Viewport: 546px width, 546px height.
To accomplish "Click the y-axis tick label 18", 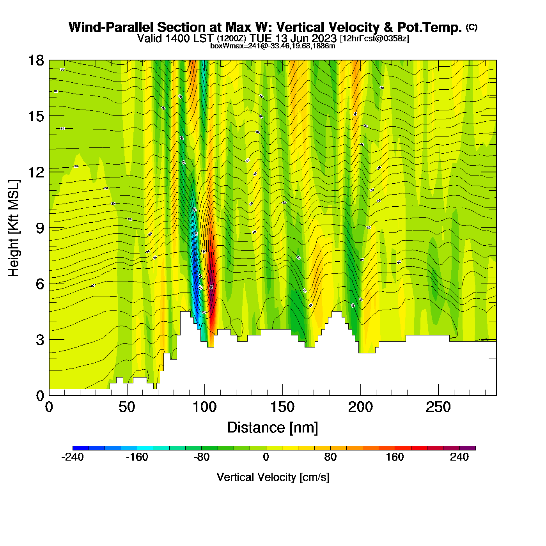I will (35, 60).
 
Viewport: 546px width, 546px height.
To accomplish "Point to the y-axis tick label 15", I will (35, 116).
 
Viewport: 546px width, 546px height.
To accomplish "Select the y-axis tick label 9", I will (40, 228).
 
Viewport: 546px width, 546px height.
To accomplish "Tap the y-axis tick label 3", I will (40, 340).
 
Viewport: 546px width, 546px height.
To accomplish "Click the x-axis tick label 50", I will (127, 408).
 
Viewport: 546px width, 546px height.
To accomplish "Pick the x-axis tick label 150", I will (282, 408).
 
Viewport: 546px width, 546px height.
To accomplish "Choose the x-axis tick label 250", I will (438, 408).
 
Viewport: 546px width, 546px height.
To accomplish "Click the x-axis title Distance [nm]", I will (273, 427).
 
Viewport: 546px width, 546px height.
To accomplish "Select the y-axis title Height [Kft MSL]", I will (14, 228).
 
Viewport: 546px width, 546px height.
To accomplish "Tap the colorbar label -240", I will (73, 457).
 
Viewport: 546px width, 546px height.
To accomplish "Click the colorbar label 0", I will (266, 457).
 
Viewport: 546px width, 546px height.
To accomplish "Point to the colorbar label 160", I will (395, 457).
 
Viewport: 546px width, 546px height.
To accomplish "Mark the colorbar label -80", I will (201, 457).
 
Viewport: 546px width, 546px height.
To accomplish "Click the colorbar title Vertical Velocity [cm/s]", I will (273, 477).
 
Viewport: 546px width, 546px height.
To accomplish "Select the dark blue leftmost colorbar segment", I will (81, 448).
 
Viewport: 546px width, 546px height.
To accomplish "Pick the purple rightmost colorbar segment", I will (468, 448).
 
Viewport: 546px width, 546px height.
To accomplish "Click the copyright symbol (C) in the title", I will (472, 27).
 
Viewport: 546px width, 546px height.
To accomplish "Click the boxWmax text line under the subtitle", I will (273, 46).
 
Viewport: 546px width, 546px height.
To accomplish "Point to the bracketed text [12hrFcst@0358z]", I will (374, 39).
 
